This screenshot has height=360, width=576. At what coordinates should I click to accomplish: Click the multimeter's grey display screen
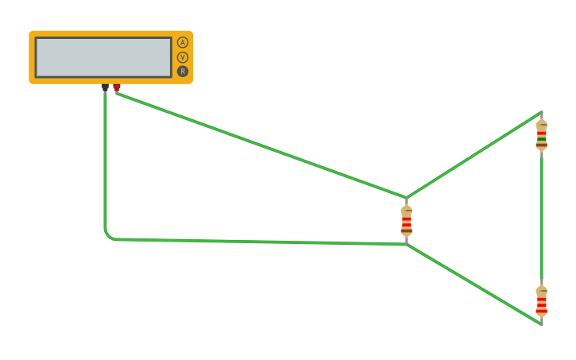(x=103, y=57)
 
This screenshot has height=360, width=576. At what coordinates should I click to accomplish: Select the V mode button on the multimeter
(x=183, y=57)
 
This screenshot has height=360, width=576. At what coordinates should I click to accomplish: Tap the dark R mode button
(x=183, y=72)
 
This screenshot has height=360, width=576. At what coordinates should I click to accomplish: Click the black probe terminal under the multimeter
(x=105, y=87)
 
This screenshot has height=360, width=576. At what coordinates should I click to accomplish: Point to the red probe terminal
(x=117, y=87)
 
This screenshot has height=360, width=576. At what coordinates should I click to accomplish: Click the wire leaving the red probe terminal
(x=262, y=145)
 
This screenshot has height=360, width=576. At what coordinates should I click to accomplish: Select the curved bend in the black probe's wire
(x=108, y=235)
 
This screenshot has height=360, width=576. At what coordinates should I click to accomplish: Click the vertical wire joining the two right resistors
(x=542, y=219)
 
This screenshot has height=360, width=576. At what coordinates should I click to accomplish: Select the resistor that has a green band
(x=542, y=134)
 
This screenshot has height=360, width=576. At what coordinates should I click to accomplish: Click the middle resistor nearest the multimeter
(x=407, y=220)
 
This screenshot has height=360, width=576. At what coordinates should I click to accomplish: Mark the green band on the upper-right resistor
(x=542, y=137)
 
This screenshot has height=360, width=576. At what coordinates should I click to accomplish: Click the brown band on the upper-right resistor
(x=542, y=145)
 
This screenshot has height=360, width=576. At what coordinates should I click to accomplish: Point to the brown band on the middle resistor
(x=407, y=231)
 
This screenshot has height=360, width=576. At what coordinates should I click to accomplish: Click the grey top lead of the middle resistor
(x=407, y=200)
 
